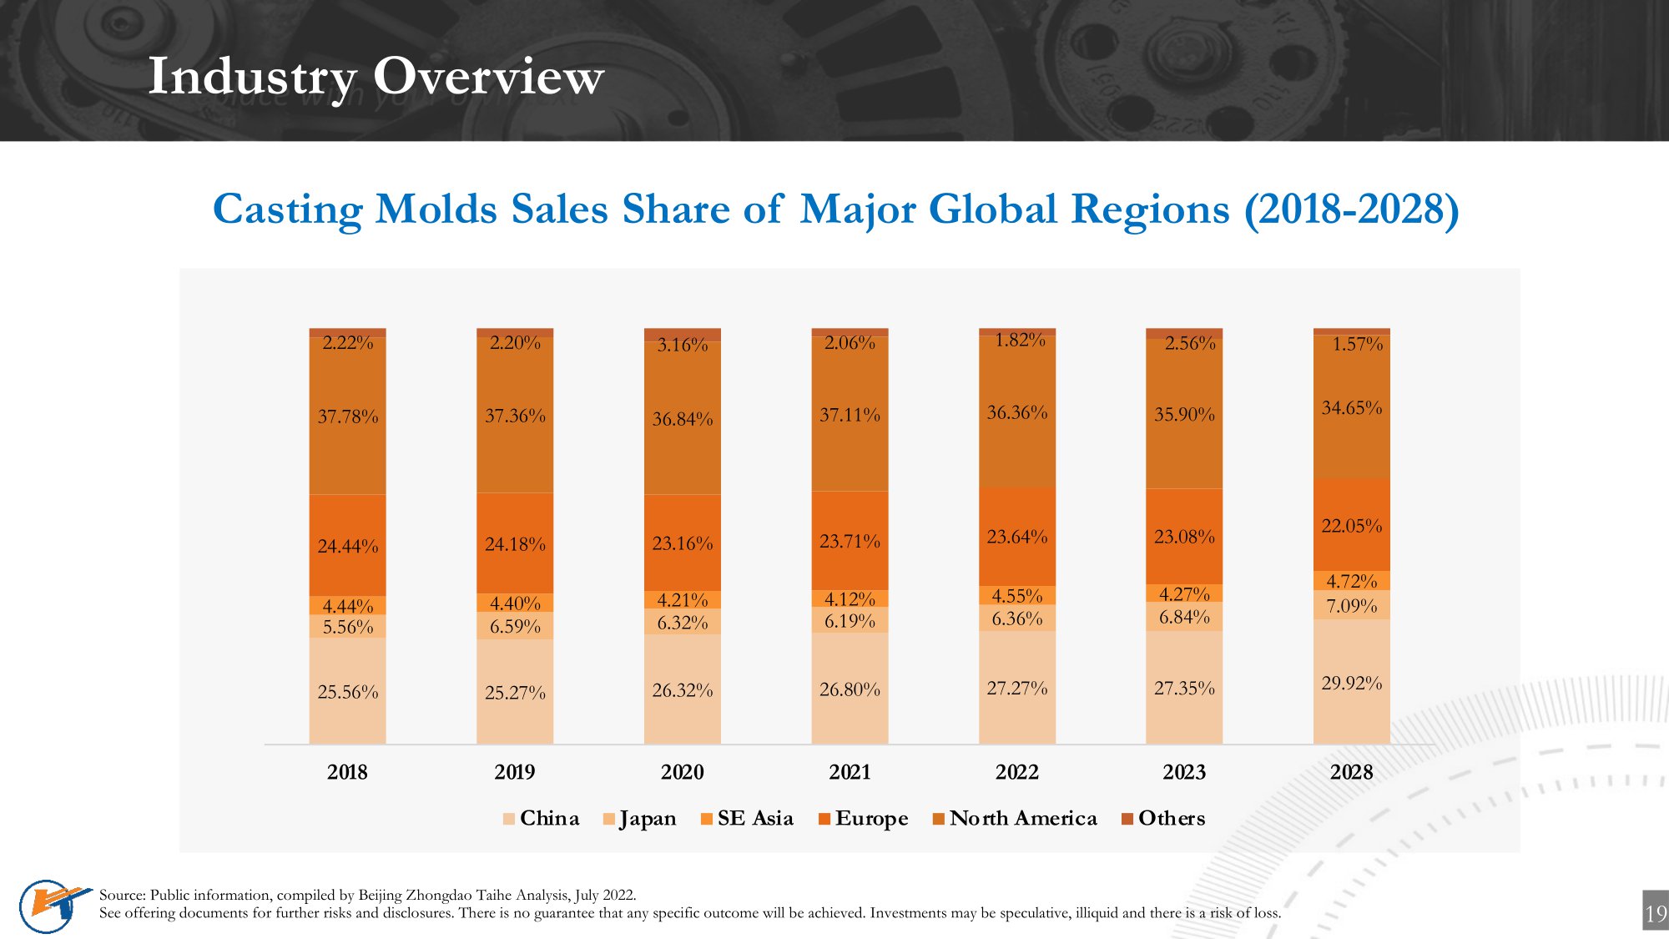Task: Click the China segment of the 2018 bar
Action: pos(347,691)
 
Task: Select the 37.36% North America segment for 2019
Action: pos(515,415)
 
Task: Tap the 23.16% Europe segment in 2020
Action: pos(682,543)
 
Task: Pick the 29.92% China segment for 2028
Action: pos(1351,682)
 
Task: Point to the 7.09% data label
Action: pos(1351,605)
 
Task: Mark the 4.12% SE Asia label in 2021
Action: pos(850,598)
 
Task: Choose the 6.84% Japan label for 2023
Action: pos(1184,617)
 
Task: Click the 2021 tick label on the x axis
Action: pos(850,772)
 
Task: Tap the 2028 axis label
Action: pos(1351,772)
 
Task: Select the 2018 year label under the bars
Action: pos(347,772)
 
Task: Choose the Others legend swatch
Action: pos(1127,819)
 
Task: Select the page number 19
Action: pos(1656,913)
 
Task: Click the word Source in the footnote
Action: pos(122,895)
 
